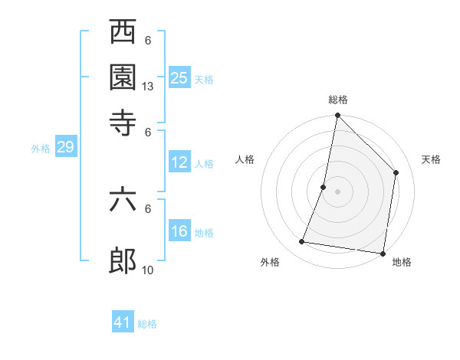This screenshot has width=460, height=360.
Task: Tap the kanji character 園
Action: click(123, 77)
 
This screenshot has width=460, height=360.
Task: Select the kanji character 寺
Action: click(123, 121)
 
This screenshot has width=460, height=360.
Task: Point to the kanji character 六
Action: click(123, 200)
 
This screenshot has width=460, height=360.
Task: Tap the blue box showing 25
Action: click(179, 77)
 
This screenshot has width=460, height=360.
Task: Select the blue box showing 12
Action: click(179, 162)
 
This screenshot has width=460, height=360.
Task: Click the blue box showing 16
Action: click(179, 231)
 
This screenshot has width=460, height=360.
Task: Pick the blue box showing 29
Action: click(65, 148)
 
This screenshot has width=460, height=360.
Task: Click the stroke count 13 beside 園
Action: click(148, 87)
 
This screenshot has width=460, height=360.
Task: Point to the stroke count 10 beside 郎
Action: click(148, 270)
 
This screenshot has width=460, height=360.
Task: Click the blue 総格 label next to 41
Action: click(147, 324)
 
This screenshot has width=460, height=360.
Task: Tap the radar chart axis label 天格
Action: click(431, 159)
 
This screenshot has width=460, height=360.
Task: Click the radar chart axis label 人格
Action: click(245, 159)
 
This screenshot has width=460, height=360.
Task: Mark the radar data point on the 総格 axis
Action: click(337, 116)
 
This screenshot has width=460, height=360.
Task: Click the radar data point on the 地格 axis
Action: click(382, 253)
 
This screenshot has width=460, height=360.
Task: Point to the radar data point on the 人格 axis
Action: click(324, 187)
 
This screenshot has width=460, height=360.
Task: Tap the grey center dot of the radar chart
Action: click(337, 191)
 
